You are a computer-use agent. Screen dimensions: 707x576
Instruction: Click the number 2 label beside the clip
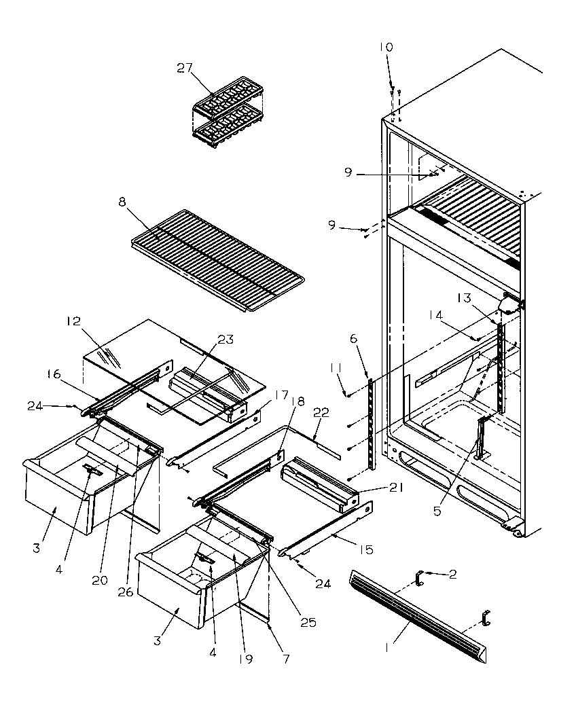click(452, 574)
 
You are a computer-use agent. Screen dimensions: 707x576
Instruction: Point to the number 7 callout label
click(286, 658)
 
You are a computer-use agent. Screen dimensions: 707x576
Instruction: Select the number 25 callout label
click(308, 622)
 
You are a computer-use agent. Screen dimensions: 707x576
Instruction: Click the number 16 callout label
click(54, 374)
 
